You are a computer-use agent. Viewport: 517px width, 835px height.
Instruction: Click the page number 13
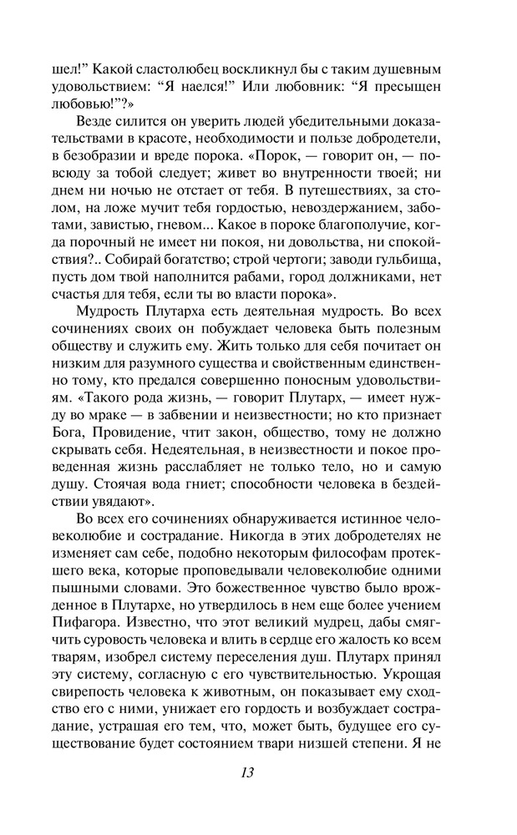(244, 772)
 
